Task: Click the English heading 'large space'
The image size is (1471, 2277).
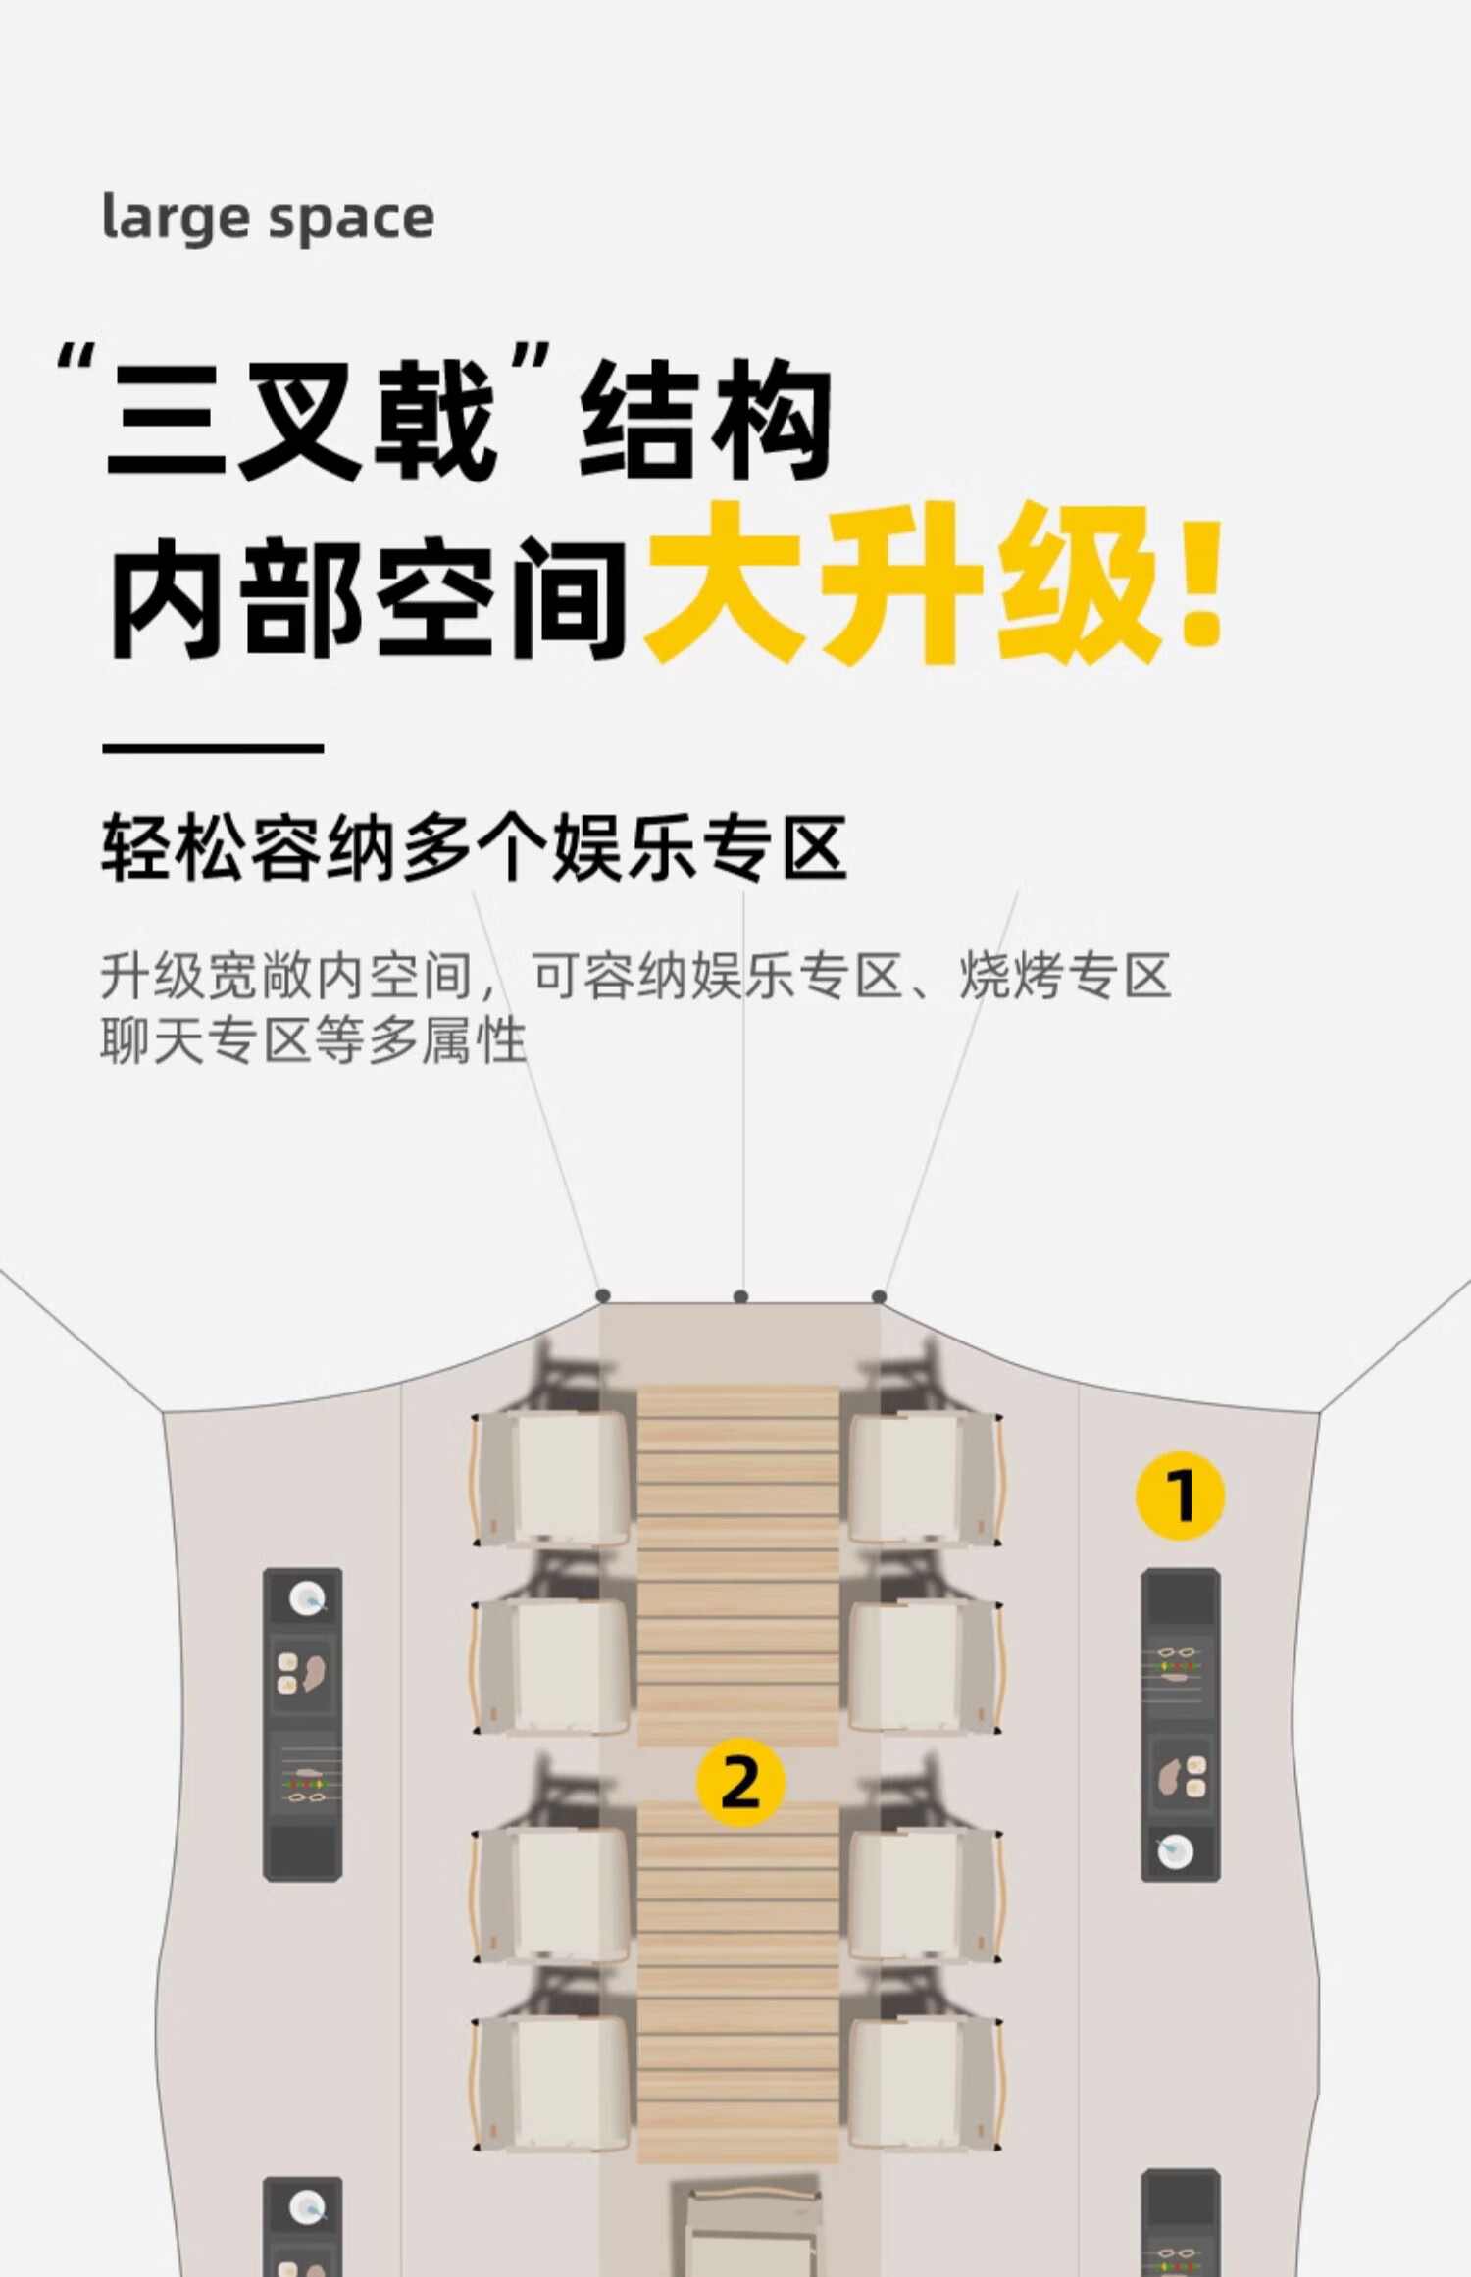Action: coord(268,218)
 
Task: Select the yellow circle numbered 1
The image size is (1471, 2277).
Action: coord(1180,1495)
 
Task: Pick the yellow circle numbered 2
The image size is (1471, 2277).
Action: coord(740,1782)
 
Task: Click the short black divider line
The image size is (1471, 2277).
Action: coord(213,748)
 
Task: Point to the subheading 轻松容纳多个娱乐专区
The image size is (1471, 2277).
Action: coord(475,847)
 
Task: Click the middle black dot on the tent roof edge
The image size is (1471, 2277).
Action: coord(741,1296)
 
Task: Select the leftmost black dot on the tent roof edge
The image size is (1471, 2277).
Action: coord(602,1296)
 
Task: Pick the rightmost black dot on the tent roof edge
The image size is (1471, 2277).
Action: coord(880,1296)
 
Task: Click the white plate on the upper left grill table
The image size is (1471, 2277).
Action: coord(307,1598)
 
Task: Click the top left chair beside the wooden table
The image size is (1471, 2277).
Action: coord(549,1478)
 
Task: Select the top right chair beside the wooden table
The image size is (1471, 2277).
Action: coord(927,1478)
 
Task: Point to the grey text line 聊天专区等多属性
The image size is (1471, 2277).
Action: coord(314,1041)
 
